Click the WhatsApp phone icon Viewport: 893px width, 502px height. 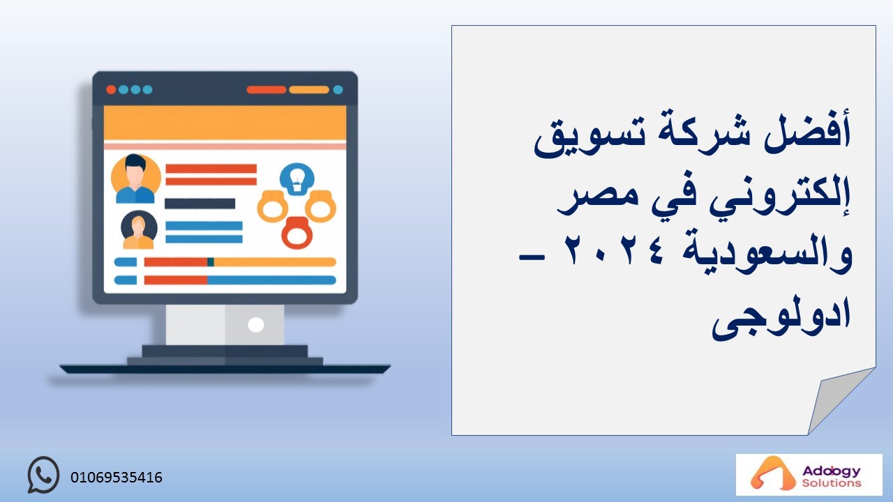tap(43, 475)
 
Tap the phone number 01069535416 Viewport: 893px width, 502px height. tap(117, 478)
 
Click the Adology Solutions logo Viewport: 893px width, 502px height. tap(809, 475)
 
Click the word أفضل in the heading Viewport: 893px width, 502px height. tap(807, 133)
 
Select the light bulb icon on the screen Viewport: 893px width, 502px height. tap(297, 179)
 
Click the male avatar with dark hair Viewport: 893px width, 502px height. tap(135, 178)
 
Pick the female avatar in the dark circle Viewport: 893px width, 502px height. tap(139, 230)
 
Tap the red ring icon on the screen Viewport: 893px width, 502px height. tap(297, 233)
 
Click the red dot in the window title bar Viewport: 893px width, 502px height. tap(111, 90)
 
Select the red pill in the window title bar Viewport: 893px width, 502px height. tap(267, 90)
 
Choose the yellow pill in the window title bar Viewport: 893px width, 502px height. tap(309, 90)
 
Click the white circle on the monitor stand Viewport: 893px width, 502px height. tap(255, 325)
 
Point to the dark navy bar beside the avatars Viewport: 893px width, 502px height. tap(200, 204)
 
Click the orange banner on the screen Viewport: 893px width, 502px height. tap(225, 123)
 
